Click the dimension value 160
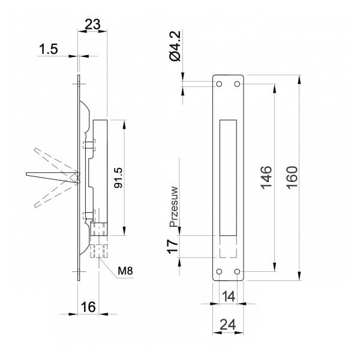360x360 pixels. tap(293, 178)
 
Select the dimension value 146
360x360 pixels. tap(267, 178)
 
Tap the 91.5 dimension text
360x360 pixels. tap(119, 178)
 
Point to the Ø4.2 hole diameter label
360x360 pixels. tap(176, 46)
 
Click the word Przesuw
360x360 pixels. tap(174, 206)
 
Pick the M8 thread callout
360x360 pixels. tap(125, 271)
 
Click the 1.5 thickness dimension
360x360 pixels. tap(48, 49)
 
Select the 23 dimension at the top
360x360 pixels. tap(92, 25)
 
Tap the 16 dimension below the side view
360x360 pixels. tap(88, 307)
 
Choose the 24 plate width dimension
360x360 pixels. tap(228, 325)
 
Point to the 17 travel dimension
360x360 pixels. tap(173, 247)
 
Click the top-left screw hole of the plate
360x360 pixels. tap(219, 84)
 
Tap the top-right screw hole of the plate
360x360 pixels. tap(237, 84)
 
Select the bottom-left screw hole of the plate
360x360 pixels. tap(219, 272)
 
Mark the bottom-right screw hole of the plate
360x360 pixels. tap(237, 272)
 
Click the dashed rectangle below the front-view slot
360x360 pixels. tap(228, 247)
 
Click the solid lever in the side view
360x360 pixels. tap(53, 177)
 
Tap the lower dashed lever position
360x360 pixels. tap(56, 192)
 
